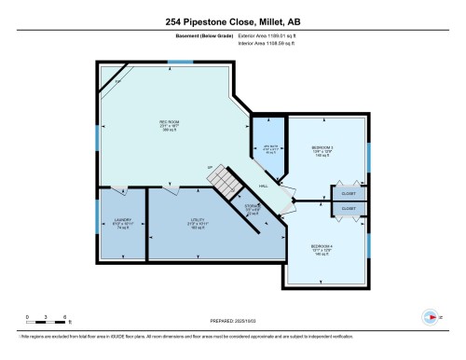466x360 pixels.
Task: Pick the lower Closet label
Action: click(x=348, y=209)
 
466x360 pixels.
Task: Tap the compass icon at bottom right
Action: click(x=430, y=315)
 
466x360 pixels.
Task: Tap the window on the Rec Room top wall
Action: click(x=181, y=62)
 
